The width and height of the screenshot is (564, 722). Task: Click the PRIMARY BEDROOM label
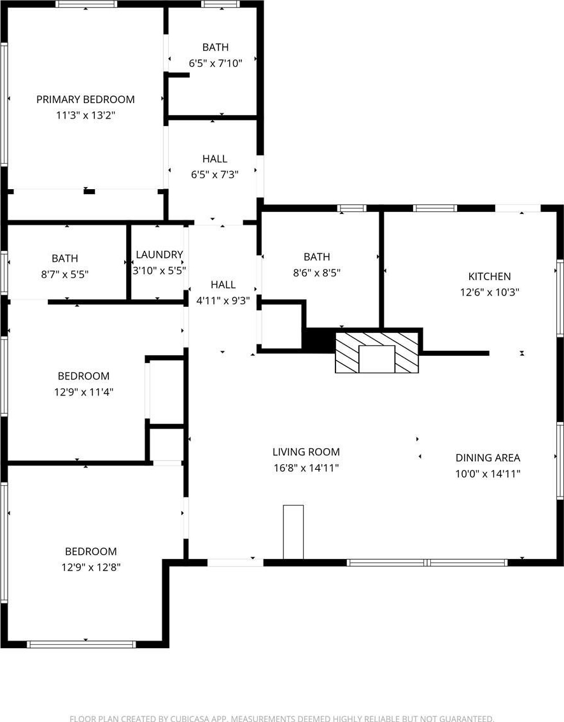pyautogui.click(x=86, y=99)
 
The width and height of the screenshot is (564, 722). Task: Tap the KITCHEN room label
pyautogui.click(x=490, y=276)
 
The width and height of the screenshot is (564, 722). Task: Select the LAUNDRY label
pyautogui.click(x=159, y=255)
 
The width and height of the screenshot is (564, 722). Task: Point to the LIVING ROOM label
pyautogui.click(x=306, y=452)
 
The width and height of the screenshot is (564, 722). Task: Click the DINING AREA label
pyautogui.click(x=488, y=458)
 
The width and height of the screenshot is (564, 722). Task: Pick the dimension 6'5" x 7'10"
pyautogui.click(x=215, y=63)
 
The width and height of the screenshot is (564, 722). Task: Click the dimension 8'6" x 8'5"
pyautogui.click(x=317, y=273)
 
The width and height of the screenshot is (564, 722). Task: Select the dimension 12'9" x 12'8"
pyautogui.click(x=90, y=567)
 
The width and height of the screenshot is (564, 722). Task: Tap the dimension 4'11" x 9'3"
pyautogui.click(x=223, y=301)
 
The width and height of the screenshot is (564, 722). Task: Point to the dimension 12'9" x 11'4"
pyautogui.click(x=83, y=392)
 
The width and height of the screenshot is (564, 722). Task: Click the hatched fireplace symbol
pyautogui.click(x=377, y=352)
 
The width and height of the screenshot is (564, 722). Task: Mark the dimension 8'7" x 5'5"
pyautogui.click(x=65, y=274)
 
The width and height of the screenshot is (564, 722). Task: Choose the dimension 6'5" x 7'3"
pyautogui.click(x=215, y=174)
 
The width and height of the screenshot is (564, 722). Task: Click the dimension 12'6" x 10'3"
pyautogui.click(x=490, y=292)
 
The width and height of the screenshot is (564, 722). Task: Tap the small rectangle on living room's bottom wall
pyautogui.click(x=293, y=532)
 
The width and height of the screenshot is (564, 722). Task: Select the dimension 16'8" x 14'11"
pyautogui.click(x=306, y=469)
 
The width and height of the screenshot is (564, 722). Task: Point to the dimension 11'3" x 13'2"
pyautogui.click(x=86, y=115)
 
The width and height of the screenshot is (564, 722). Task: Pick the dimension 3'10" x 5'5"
pyautogui.click(x=159, y=271)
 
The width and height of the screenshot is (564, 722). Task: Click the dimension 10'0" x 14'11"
pyautogui.click(x=488, y=474)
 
